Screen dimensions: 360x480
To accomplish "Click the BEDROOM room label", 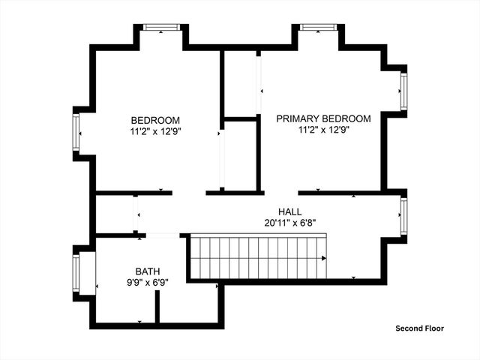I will (x=155, y=120).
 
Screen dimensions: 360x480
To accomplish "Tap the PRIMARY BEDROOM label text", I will (x=323, y=118).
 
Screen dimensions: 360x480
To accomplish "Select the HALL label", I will (x=289, y=212).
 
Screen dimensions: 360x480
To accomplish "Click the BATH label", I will (x=147, y=271).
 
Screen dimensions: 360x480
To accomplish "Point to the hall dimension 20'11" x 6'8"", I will (x=289, y=223).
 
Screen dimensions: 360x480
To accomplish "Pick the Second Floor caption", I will (x=420, y=328).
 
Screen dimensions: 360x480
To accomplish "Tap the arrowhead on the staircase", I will (x=323, y=259).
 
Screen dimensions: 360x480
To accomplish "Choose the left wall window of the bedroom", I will (x=76, y=135).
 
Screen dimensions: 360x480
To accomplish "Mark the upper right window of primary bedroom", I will (x=403, y=91).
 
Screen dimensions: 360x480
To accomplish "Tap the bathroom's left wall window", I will (x=76, y=274).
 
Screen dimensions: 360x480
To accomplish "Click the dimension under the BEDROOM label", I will (x=155, y=130).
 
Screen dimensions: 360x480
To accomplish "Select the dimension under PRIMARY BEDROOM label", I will (x=323, y=129).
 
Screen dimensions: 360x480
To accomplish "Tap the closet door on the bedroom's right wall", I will (x=221, y=159).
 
